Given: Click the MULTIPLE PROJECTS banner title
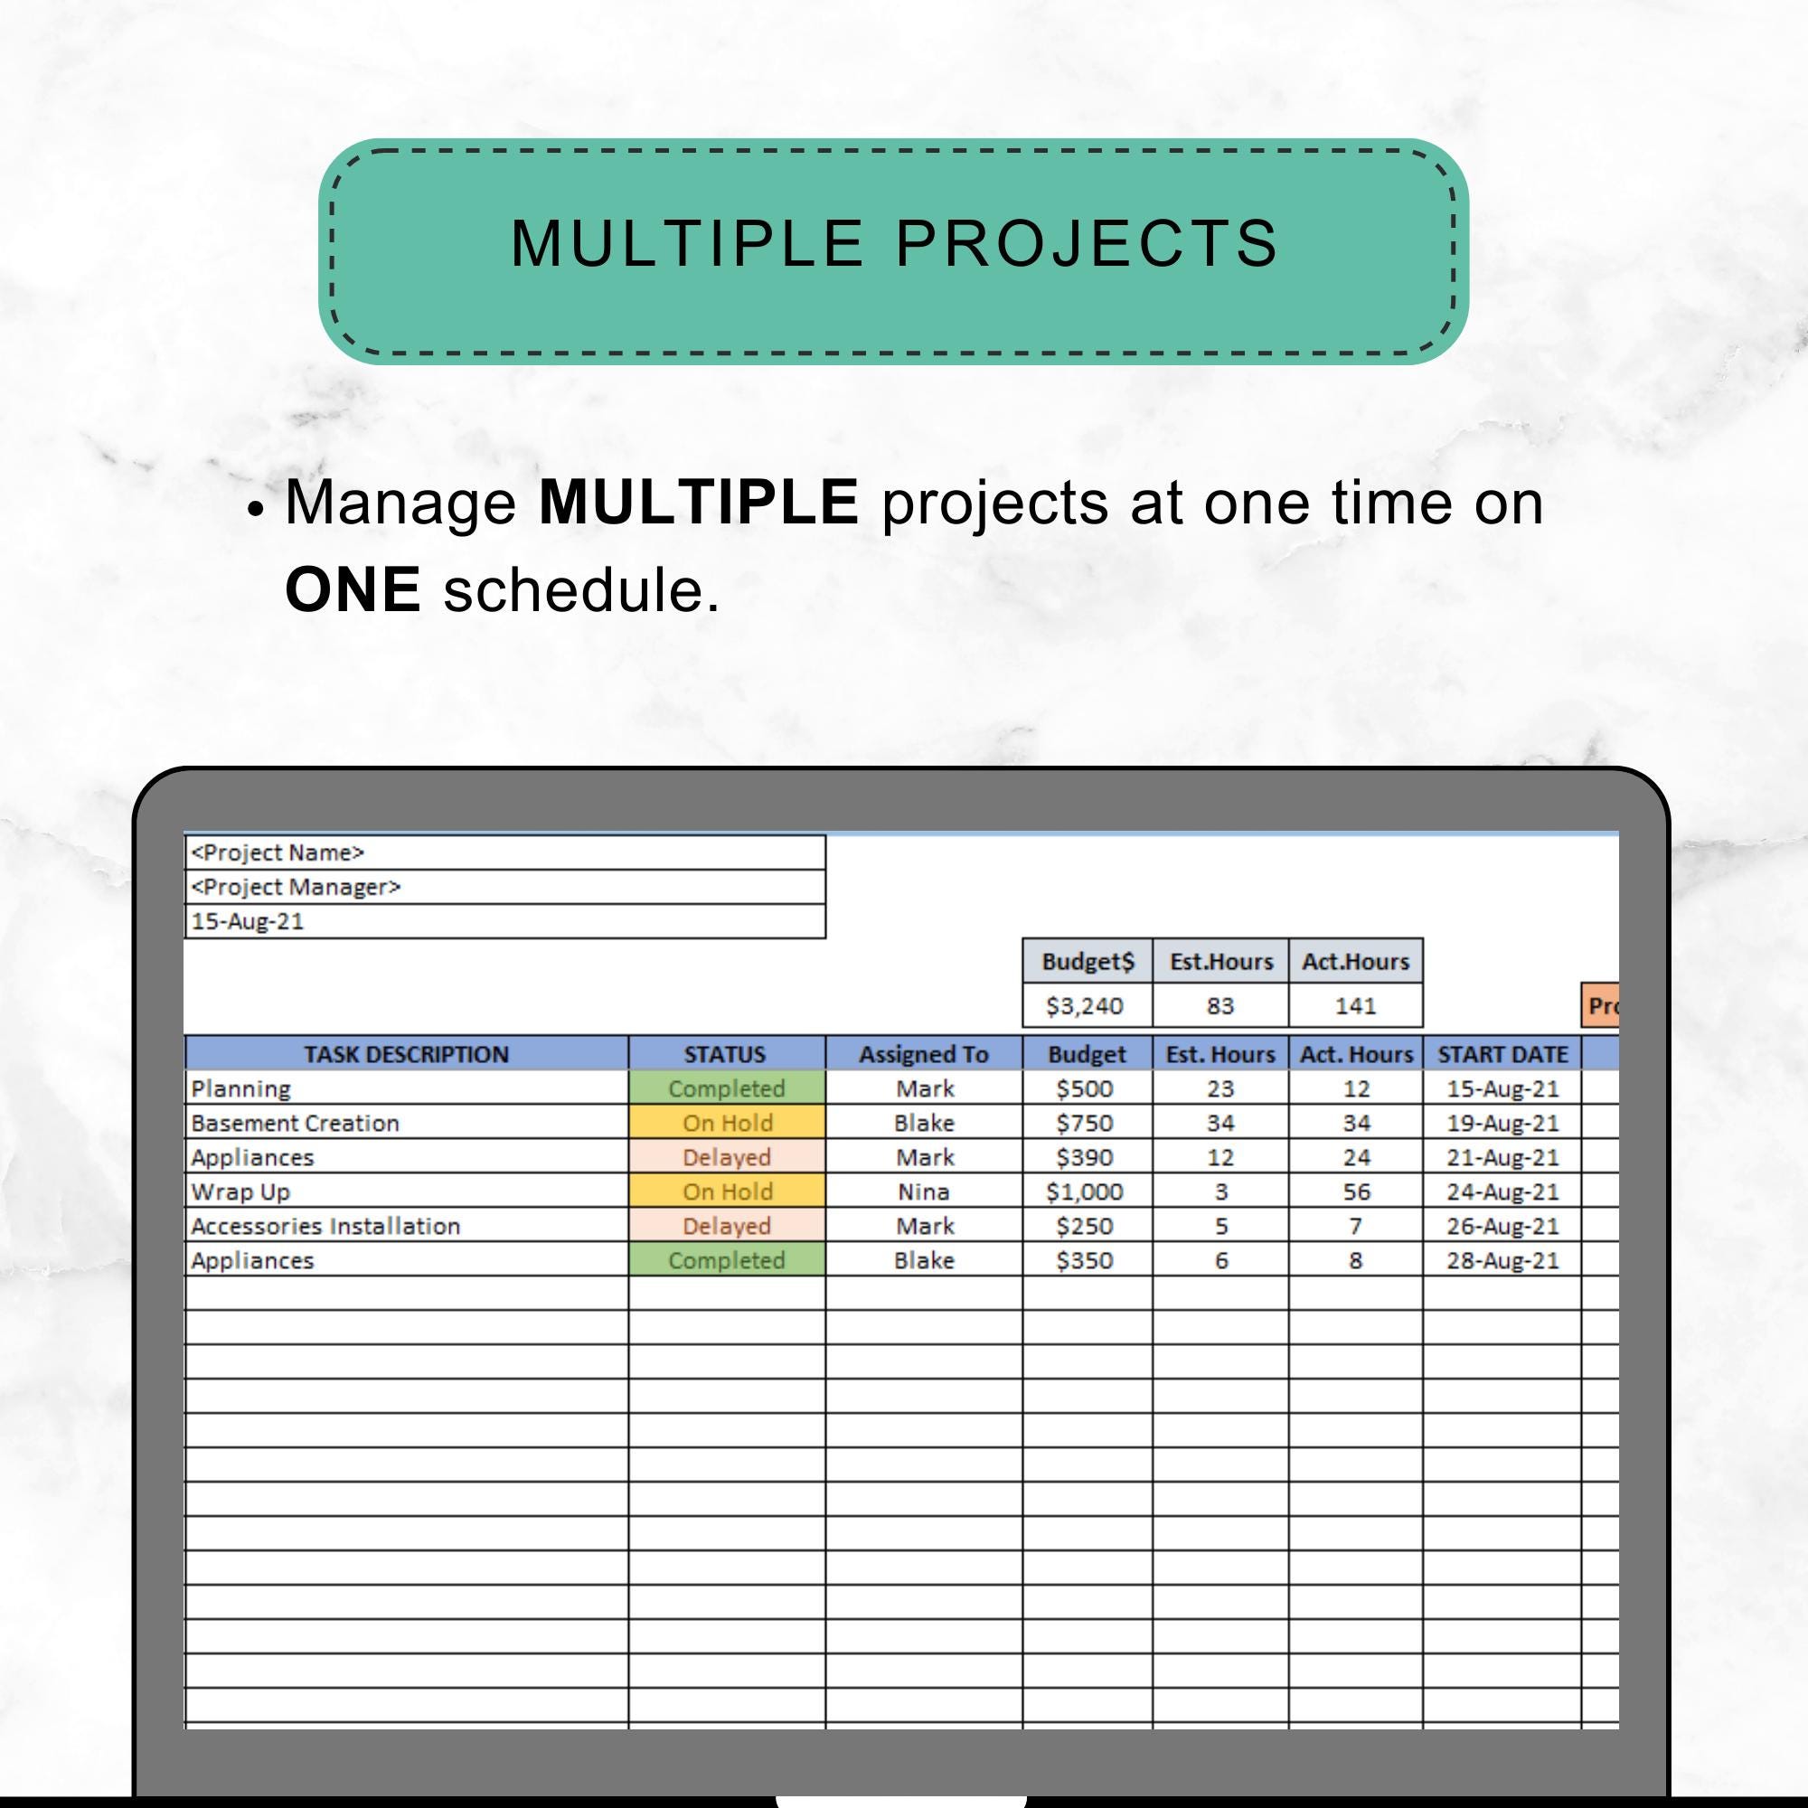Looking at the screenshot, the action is tap(894, 243).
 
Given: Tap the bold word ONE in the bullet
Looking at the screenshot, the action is tap(352, 589).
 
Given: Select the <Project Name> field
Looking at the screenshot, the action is tap(505, 852).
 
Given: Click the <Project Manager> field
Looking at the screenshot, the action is tap(505, 887).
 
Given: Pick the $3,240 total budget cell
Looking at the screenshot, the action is tap(1087, 1005).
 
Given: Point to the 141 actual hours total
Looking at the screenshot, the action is tap(1355, 1005).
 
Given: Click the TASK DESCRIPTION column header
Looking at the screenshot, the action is tap(406, 1054).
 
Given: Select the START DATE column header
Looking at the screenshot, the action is tap(1502, 1054).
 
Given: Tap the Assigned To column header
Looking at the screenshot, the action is tap(924, 1054).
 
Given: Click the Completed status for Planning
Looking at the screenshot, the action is tap(727, 1088).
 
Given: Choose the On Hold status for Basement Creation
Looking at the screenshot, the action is tap(727, 1123).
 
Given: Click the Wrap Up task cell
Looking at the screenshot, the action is tap(406, 1191).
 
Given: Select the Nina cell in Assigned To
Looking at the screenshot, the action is tap(924, 1191).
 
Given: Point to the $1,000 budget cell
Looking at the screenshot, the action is tap(1087, 1191).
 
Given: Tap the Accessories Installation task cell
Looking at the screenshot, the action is tap(406, 1226).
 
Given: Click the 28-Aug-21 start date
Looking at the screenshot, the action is tap(1502, 1260).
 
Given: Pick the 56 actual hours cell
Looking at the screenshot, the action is tap(1355, 1191).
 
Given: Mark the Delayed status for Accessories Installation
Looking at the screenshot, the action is tap(727, 1226).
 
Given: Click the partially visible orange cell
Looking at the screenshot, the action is tap(1600, 1005).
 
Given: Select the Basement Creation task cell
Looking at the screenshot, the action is tap(406, 1123).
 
